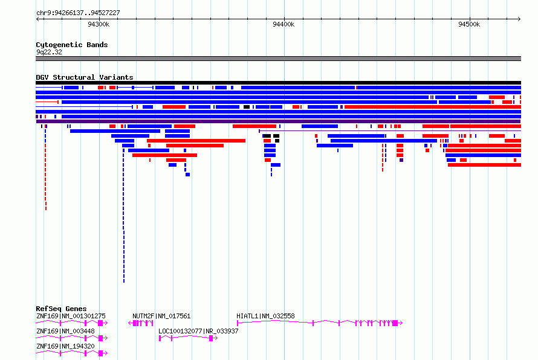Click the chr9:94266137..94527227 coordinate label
(78, 13)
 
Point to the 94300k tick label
(99, 24)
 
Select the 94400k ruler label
(284, 24)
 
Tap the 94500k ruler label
(469, 24)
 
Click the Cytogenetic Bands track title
(72, 45)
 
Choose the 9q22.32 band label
(49, 52)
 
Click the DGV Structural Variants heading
(85, 77)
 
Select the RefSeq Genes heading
(61, 309)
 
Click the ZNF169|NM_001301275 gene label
(71, 316)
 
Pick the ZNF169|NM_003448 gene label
(65, 331)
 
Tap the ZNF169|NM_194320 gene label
(65, 346)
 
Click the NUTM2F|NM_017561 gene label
(161, 316)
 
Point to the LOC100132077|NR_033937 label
(198, 331)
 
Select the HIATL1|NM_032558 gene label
(265, 316)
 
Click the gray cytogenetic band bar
(278, 59)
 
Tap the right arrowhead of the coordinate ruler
(519, 19)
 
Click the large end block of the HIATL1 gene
(395, 323)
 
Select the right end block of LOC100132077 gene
(212, 338)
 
